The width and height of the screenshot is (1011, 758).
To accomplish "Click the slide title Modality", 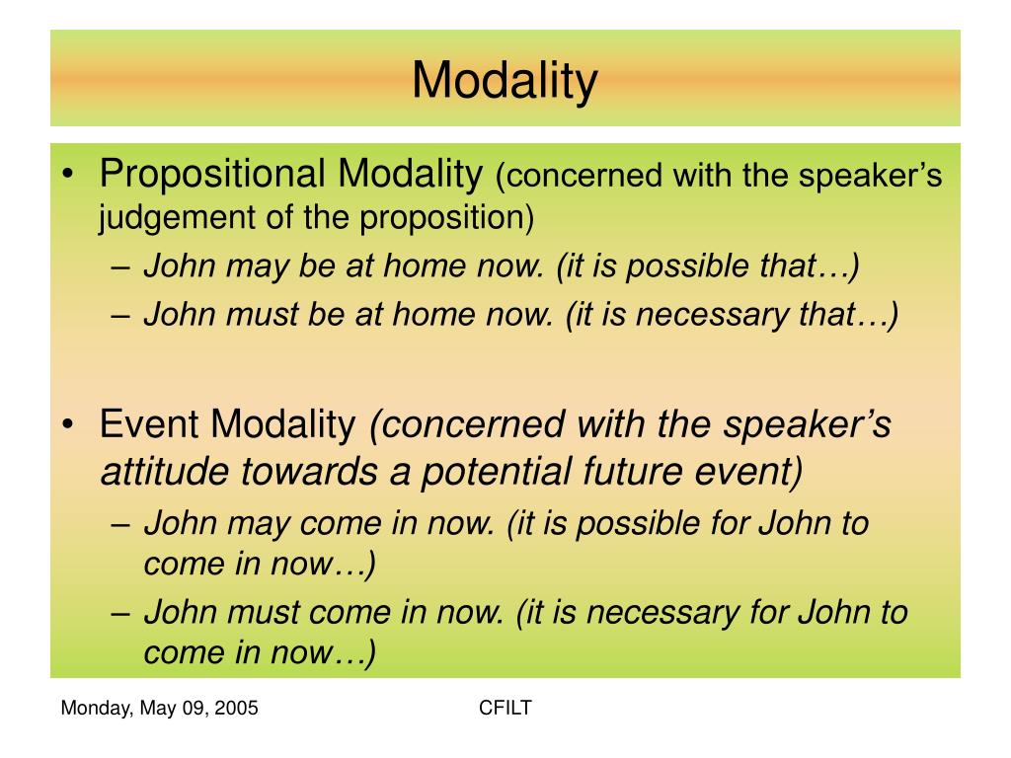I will coord(505,80).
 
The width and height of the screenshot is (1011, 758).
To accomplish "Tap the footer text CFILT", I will coord(505,708).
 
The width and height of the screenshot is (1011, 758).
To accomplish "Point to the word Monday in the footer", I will coord(92,708).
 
